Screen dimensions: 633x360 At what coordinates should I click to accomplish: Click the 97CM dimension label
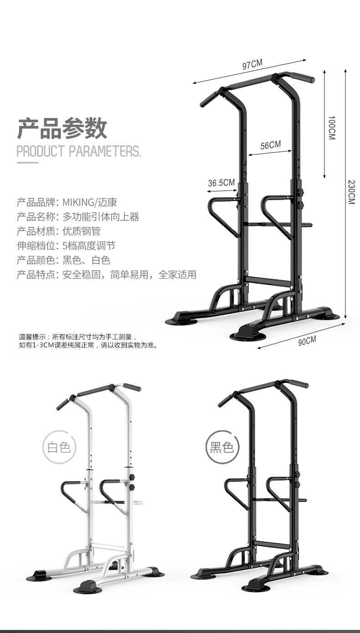252,65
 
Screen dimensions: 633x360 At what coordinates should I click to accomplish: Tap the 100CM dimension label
331,127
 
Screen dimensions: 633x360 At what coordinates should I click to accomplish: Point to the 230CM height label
351,191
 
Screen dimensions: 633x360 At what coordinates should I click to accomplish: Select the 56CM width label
270,145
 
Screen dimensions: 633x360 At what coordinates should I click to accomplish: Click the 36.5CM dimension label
221,183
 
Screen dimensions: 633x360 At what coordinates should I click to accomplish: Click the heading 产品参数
62,128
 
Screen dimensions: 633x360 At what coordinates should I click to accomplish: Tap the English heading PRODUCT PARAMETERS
79,151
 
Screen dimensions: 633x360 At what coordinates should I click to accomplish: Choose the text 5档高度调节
88,246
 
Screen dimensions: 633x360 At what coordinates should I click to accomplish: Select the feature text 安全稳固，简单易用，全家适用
129,275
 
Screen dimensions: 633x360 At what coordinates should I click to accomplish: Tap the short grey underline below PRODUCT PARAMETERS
27,162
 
